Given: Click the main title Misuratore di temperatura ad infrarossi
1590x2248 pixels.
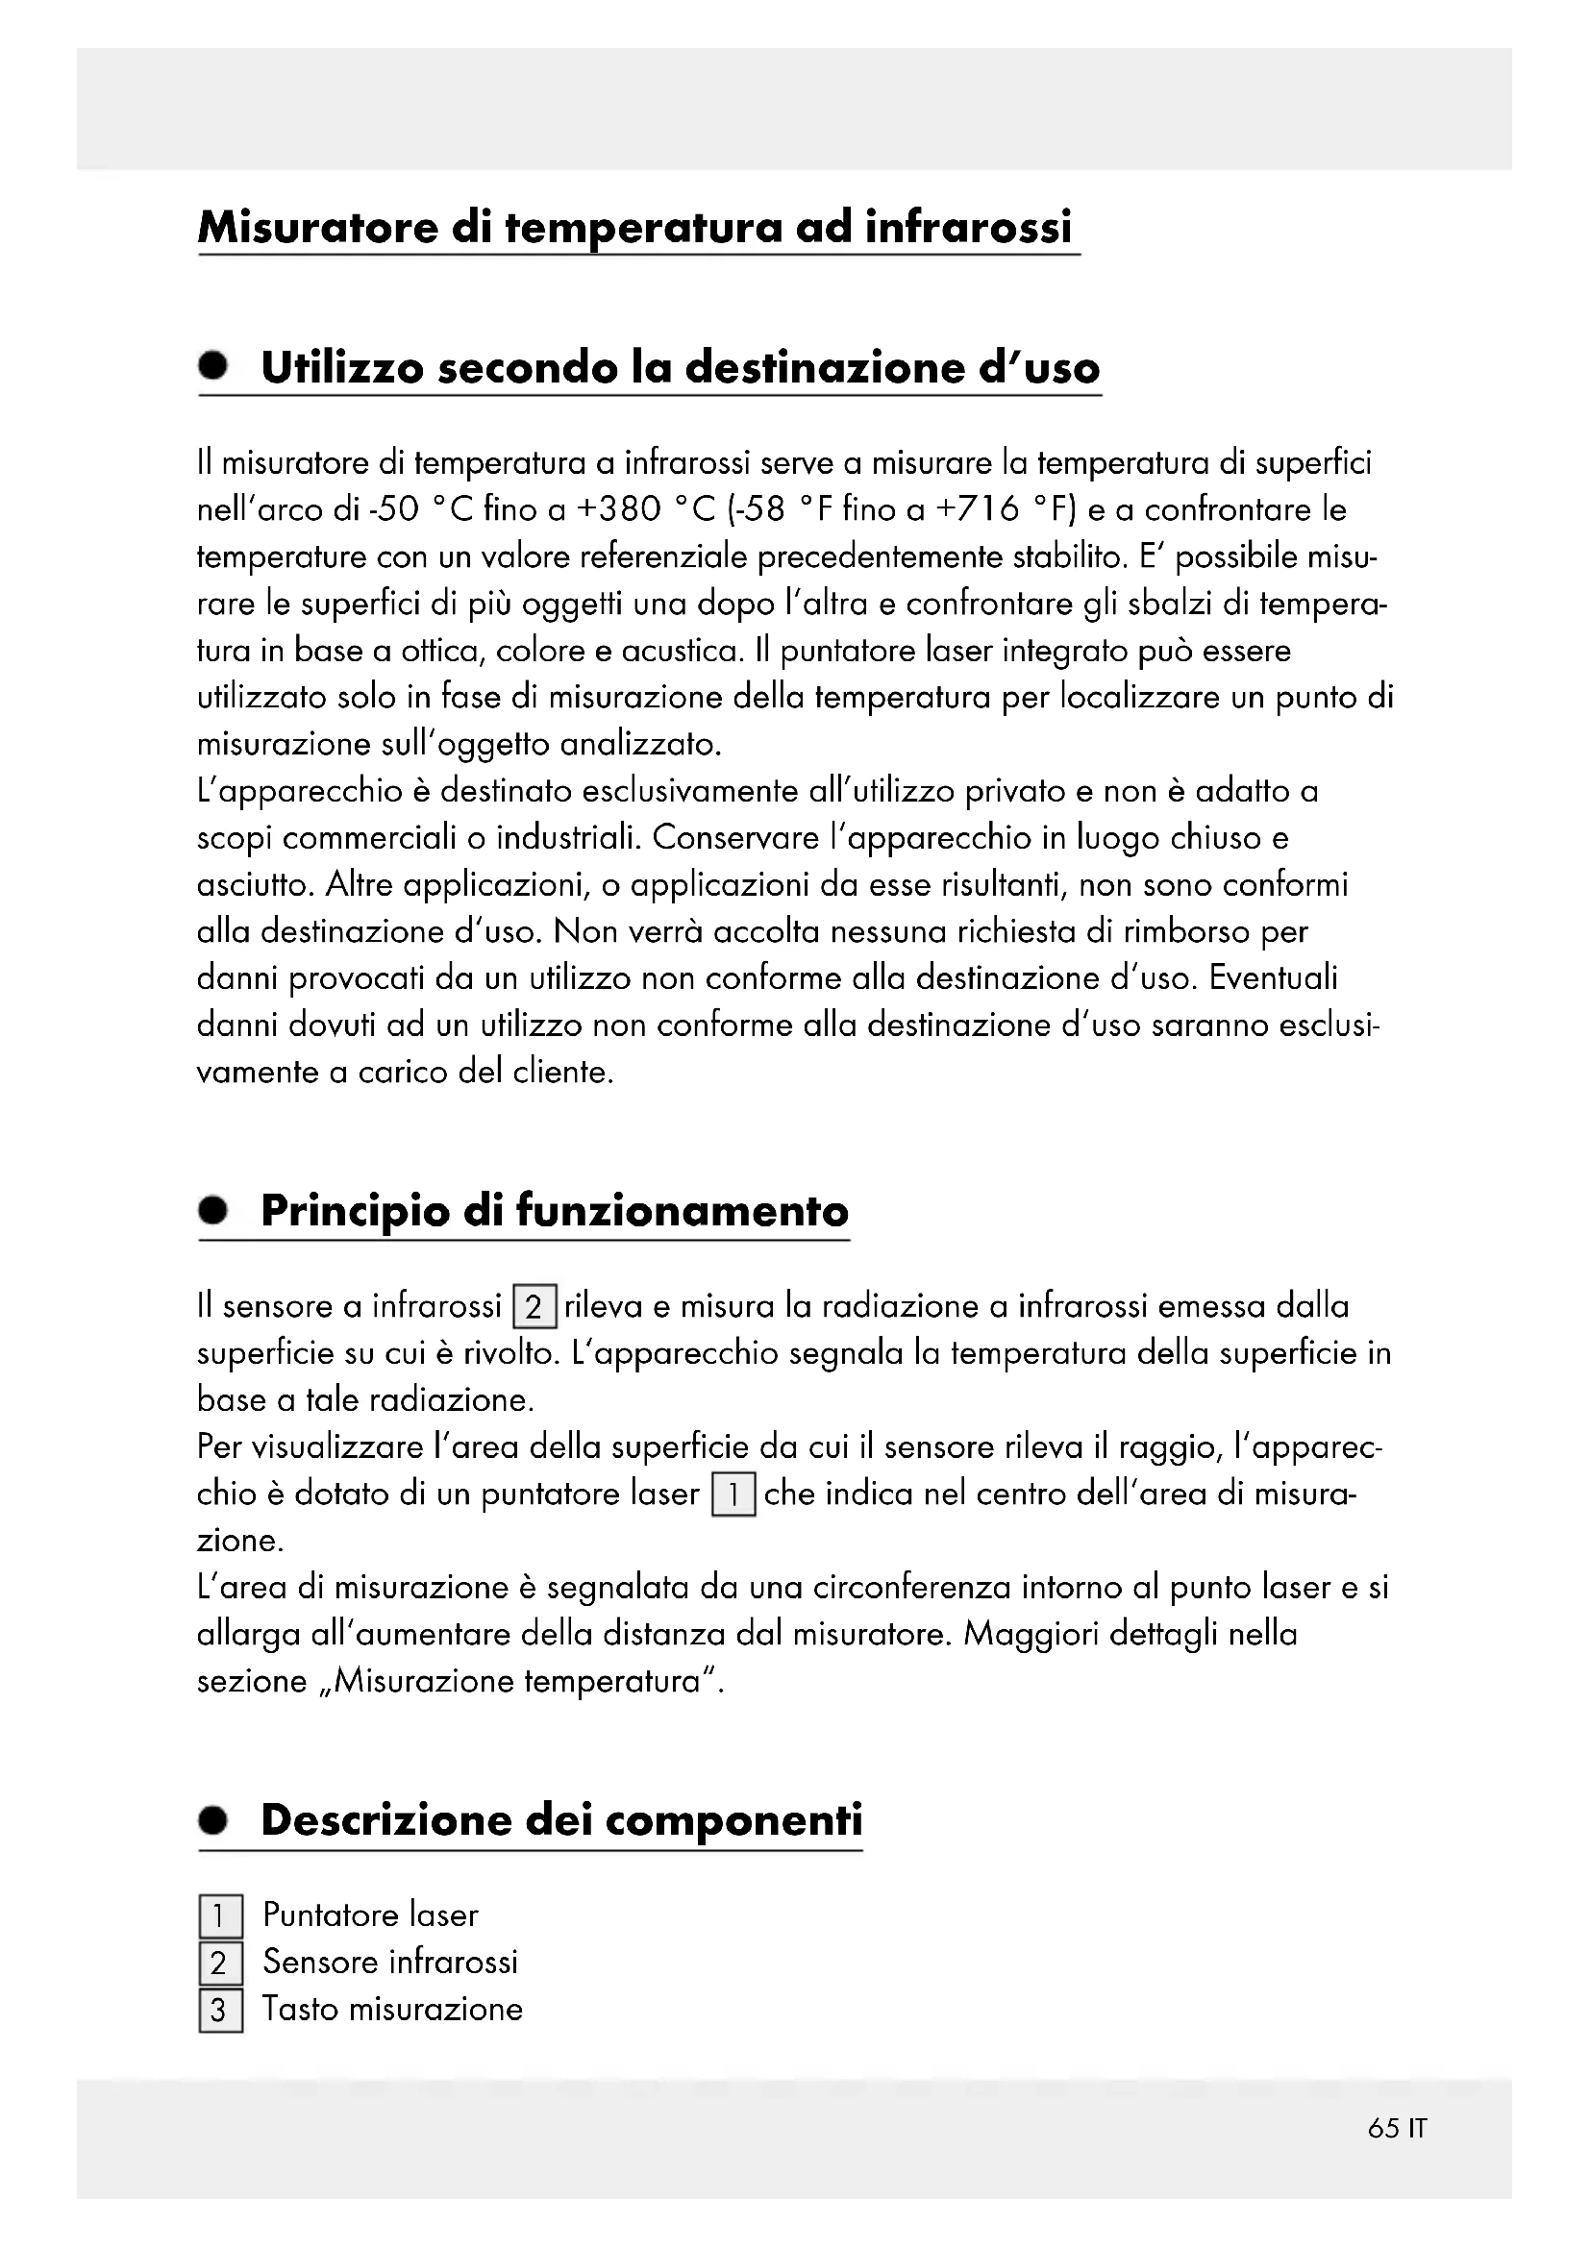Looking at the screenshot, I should pyautogui.click(x=635, y=227).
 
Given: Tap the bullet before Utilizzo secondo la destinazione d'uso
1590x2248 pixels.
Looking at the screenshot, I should pyautogui.click(x=212, y=366).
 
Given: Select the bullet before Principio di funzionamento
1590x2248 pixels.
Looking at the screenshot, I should pyautogui.click(x=212, y=1210).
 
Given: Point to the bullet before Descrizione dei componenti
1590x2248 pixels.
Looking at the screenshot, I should pyautogui.click(x=212, y=1820).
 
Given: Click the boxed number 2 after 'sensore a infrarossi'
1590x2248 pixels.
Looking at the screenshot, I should pyautogui.click(x=534, y=1307).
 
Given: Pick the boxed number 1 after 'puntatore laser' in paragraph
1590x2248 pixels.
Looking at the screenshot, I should pyautogui.click(x=733, y=1495).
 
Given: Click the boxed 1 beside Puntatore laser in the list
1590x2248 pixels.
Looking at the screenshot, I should pyautogui.click(x=220, y=1916).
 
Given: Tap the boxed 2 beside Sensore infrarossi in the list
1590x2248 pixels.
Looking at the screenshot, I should pyautogui.click(x=220, y=1964).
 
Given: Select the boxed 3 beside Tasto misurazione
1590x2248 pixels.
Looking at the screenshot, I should pyautogui.click(x=220, y=2010).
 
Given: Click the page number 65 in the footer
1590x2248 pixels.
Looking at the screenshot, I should pyautogui.click(x=1383, y=2128).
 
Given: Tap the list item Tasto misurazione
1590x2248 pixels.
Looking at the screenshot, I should pyautogui.click(x=392, y=2009).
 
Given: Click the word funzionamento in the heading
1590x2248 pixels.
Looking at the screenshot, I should pyautogui.click(x=682, y=1210).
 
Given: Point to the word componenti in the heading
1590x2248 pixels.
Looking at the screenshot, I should pyautogui.click(x=734, y=1820).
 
